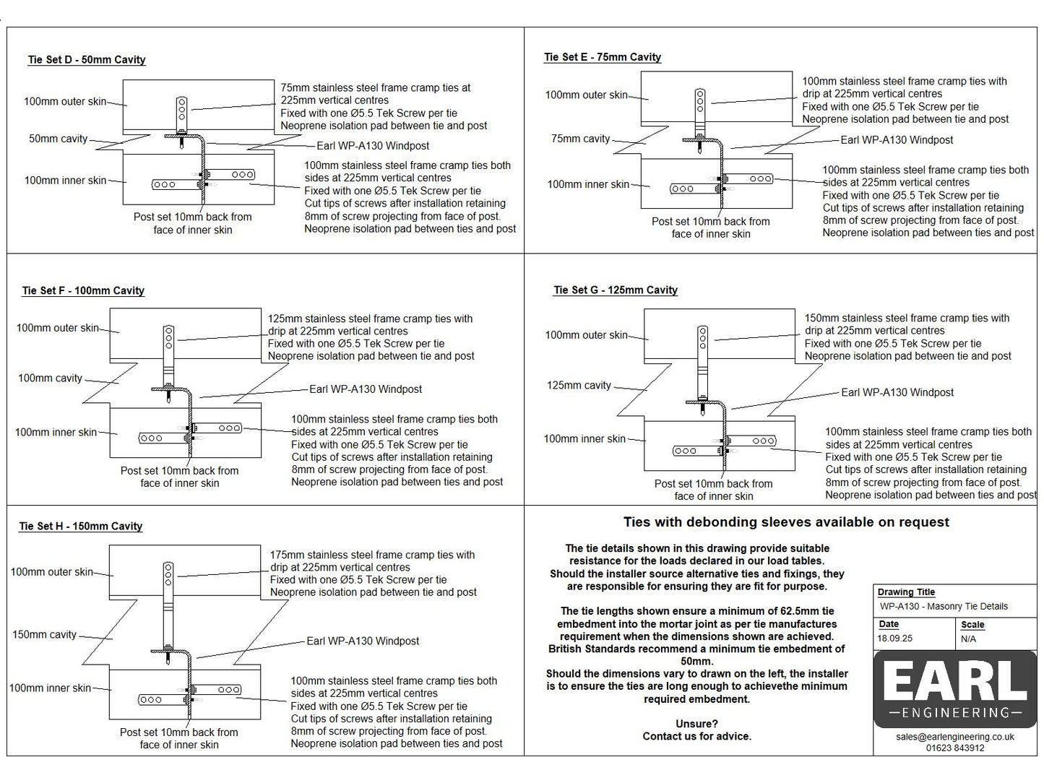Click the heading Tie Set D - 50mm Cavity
click(87, 60)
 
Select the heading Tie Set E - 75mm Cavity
click(603, 57)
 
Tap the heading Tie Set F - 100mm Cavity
click(83, 291)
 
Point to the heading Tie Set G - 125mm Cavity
click(616, 290)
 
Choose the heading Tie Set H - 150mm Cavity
click(81, 527)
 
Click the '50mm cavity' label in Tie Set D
click(58, 139)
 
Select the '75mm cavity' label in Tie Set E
click(580, 139)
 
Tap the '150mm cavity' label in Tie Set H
click(44, 635)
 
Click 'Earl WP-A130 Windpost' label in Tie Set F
click(366, 389)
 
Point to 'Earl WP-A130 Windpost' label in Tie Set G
click(897, 393)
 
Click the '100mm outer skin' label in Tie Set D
click(65, 102)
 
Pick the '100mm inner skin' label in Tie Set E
click(588, 185)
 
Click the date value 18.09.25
click(895, 639)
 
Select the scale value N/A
click(968, 639)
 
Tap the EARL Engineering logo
click(955, 690)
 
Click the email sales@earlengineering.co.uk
click(955, 737)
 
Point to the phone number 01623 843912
click(955, 748)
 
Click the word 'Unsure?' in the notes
click(696, 724)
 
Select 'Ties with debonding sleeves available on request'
click(786, 522)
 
